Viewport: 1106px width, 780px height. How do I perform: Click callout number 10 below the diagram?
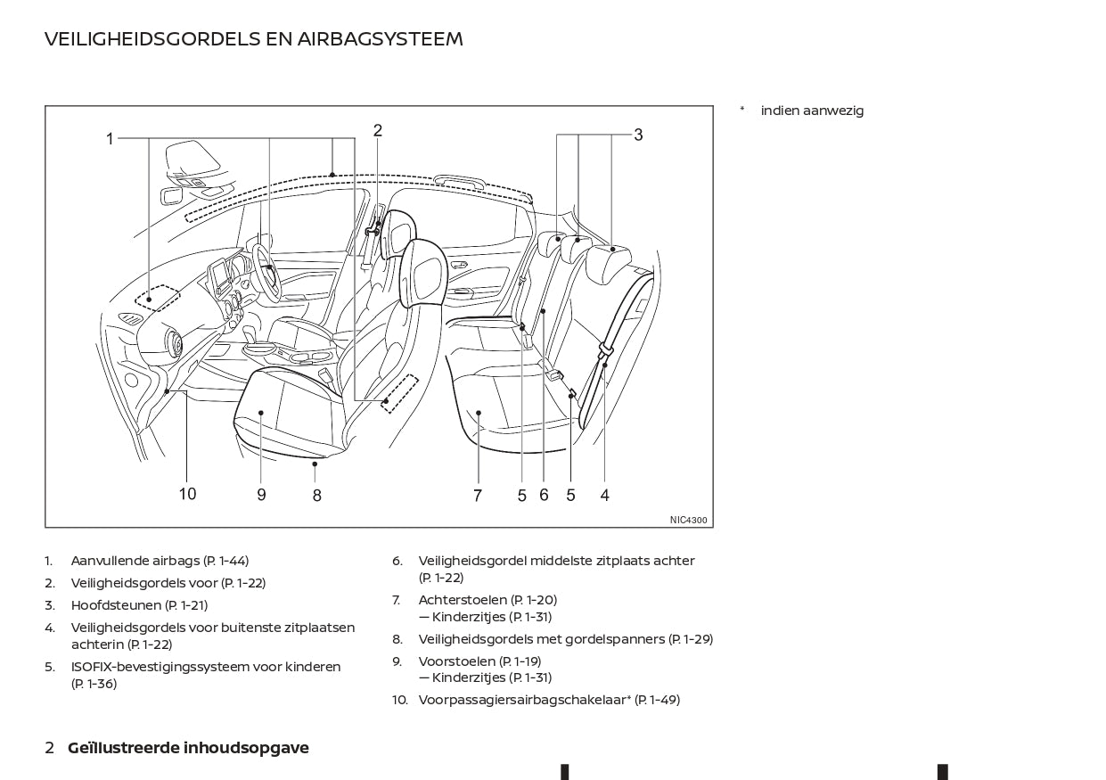[187, 494]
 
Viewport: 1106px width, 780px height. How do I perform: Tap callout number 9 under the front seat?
[261, 495]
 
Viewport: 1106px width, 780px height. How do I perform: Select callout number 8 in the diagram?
[316, 496]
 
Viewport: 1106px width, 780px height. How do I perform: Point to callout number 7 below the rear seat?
[478, 496]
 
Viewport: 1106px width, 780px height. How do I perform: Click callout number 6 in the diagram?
[544, 495]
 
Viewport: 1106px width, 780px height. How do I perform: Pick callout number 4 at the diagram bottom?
[604, 495]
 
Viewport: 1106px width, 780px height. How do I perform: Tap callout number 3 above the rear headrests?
[638, 135]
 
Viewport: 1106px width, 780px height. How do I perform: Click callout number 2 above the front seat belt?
[378, 130]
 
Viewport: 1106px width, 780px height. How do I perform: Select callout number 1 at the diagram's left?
[110, 139]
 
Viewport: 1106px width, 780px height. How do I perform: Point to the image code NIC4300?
[689, 520]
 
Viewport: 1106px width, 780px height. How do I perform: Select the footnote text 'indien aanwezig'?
[812, 111]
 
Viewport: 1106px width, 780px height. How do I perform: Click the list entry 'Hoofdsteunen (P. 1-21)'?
[139, 605]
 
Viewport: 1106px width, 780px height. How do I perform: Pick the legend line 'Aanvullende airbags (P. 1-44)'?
[160, 561]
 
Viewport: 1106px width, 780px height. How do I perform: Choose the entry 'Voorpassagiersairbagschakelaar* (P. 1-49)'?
[549, 700]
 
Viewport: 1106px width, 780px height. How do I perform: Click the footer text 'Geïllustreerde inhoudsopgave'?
[188, 748]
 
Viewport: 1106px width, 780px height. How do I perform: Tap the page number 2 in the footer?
[50, 748]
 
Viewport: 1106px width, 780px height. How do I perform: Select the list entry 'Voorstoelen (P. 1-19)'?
[479, 661]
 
